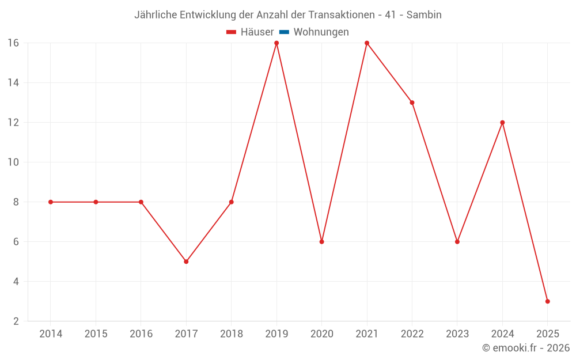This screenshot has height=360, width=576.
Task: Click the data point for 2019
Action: click(276, 43)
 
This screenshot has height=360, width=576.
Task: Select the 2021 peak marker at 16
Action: click(367, 43)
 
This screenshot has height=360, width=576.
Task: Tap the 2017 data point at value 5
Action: click(186, 262)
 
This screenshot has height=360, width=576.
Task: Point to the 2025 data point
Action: click(547, 301)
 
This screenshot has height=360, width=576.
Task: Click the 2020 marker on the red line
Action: click(321, 242)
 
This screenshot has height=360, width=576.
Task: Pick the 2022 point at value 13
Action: click(412, 103)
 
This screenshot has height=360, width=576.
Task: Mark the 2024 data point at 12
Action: click(502, 123)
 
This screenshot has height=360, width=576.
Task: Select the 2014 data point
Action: click(51, 202)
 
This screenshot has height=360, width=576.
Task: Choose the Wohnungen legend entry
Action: click(321, 32)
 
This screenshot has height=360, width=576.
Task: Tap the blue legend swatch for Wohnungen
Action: click(284, 32)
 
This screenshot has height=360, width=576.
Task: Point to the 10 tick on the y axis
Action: click(13, 162)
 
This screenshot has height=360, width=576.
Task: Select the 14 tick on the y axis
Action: click(13, 83)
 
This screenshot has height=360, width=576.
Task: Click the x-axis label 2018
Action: click(231, 334)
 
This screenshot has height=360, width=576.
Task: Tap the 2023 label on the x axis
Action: click(457, 334)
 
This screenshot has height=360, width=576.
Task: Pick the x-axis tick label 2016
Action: click(141, 334)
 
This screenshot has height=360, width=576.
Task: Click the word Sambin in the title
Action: click(424, 15)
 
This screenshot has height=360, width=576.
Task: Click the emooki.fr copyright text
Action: click(526, 348)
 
